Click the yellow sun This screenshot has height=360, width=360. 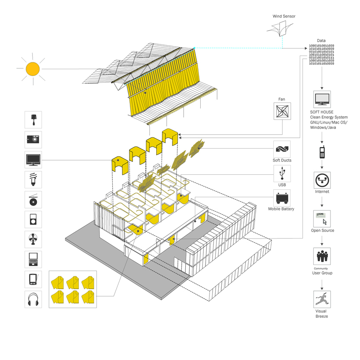pyautogui.click(x=32, y=69)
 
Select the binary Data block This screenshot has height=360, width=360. pyautogui.click(x=321, y=54)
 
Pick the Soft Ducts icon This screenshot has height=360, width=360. pyautogui.click(x=282, y=149)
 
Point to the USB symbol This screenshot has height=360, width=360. pyautogui.click(x=282, y=173)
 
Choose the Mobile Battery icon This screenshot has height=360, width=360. pyautogui.click(x=282, y=198)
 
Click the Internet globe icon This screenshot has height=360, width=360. pyautogui.click(x=322, y=180)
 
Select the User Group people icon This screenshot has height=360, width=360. pyautogui.click(x=322, y=256)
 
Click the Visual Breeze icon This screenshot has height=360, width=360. pyautogui.click(x=322, y=299)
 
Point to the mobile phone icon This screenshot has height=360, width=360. pyautogui.click(x=322, y=152)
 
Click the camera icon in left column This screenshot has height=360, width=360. pyautogui.click(x=33, y=140)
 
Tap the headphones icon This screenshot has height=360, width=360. pyautogui.click(x=33, y=299)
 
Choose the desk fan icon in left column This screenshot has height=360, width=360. pyautogui.click(x=33, y=239)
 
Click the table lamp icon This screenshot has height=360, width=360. pyautogui.click(x=33, y=119)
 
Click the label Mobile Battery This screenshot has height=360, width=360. pyautogui.click(x=282, y=209)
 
